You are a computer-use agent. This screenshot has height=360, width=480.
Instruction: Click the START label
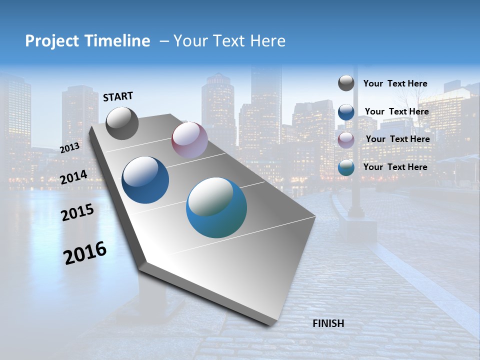click(118, 96)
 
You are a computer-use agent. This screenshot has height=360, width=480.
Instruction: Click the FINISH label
click(328, 323)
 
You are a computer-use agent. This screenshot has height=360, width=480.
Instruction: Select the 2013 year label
click(70, 148)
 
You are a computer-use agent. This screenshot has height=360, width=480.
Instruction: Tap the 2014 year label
click(73, 177)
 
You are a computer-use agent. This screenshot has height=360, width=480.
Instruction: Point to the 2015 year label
click(77, 212)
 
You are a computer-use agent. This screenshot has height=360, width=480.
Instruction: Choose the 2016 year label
click(85, 252)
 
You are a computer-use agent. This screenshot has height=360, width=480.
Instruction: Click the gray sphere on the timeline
click(122, 123)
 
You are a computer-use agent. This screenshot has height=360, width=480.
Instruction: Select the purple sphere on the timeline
click(189, 140)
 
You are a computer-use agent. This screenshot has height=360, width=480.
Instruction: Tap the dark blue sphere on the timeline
click(145, 180)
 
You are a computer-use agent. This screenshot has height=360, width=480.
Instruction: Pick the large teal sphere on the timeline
click(216, 207)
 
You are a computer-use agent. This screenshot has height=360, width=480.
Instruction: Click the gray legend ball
click(346, 83)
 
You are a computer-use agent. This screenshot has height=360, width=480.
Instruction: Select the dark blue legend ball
click(346, 111)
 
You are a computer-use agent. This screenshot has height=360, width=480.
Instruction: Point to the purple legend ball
click(346, 139)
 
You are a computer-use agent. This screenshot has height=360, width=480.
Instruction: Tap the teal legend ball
click(346, 167)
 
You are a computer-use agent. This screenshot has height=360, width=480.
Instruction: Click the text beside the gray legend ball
click(395, 83)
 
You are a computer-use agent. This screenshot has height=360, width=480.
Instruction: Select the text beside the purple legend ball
click(397, 139)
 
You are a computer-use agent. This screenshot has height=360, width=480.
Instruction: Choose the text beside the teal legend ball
click(395, 167)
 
